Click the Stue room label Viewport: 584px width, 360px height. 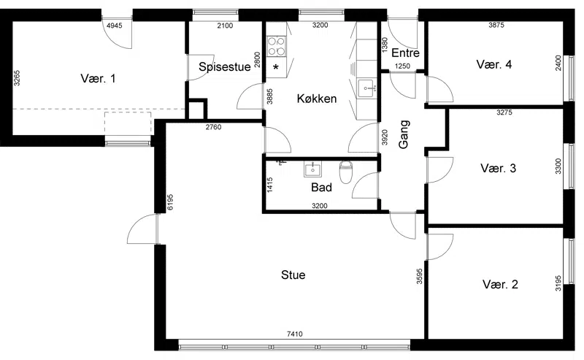click(293, 275)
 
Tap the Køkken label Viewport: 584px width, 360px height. click(317, 99)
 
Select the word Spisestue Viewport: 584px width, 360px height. click(225, 67)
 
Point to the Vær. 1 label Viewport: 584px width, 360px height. click(98, 79)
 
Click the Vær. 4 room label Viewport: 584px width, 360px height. click(494, 64)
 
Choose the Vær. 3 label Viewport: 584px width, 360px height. click(499, 168)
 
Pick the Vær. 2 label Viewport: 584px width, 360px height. click(500, 284)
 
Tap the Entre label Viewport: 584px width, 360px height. click(405, 53)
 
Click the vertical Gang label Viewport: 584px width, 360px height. click(404, 134)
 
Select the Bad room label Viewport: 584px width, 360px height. click(321, 187)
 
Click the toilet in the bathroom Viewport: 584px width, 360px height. click(345, 172)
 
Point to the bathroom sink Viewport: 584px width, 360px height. click(313, 169)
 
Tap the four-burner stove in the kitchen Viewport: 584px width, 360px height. click(276, 46)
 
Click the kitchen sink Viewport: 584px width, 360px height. click(368, 88)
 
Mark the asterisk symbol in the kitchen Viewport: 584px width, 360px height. click(276, 68)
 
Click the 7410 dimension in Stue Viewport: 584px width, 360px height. click(295, 334)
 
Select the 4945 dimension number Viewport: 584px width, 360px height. click(115, 26)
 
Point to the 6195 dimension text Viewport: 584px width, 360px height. click(170, 202)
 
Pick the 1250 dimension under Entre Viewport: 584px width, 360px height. click(402, 66)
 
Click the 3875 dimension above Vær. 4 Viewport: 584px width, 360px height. click(496, 25)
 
